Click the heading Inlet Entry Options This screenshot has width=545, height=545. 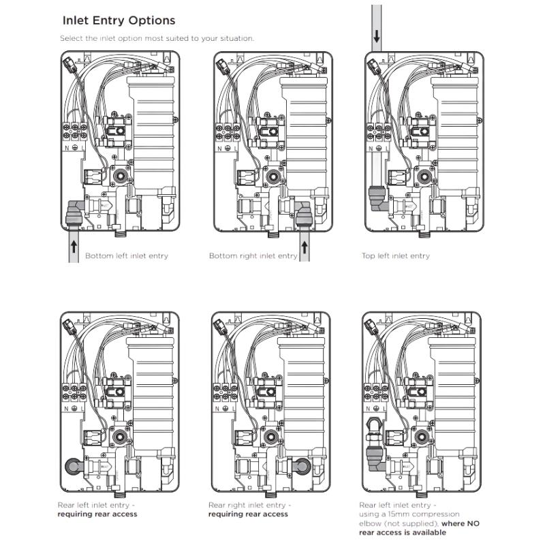pos(119,20)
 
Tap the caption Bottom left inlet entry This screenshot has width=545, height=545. pos(127,256)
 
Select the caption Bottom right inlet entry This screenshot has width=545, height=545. pos(253,256)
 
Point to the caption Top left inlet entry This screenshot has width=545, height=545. pos(396,256)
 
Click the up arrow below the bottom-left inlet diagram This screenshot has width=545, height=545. pos(74,247)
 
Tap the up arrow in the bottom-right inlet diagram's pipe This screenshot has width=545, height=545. pos(305,247)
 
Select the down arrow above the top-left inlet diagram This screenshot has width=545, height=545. pos(377,36)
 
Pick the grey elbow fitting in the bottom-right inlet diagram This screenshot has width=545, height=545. pos(303,213)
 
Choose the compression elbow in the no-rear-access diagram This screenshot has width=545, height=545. pos(374,445)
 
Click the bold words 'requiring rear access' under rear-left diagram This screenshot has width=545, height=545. pos(97,514)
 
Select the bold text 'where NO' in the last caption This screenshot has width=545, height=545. pos(461,523)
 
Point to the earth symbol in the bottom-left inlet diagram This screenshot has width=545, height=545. pos(74,148)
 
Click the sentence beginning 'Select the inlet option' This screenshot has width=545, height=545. pos(157,38)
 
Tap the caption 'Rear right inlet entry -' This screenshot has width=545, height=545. pos(249,505)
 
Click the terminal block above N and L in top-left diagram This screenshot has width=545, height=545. pos(378,132)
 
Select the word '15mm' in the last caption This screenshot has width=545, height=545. pos(399,514)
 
